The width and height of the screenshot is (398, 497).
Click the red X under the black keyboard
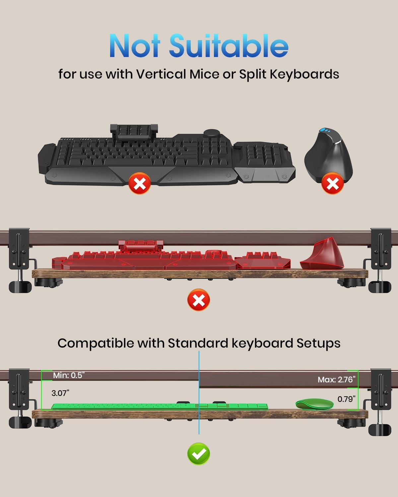point(140,183)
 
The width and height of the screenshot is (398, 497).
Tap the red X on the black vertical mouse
point(333,183)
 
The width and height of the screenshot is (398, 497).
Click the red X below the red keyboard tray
point(199,300)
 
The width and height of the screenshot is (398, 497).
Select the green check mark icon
point(199,454)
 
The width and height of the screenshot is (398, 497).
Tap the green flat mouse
point(315,404)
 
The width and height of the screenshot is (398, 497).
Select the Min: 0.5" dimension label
point(69,375)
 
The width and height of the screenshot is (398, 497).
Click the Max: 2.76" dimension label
point(337,379)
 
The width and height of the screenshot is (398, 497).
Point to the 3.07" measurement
point(60,393)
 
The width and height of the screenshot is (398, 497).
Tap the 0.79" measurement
point(347,399)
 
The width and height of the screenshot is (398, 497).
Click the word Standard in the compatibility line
point(198,343)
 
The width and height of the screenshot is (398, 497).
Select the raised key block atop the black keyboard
point(134,132)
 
